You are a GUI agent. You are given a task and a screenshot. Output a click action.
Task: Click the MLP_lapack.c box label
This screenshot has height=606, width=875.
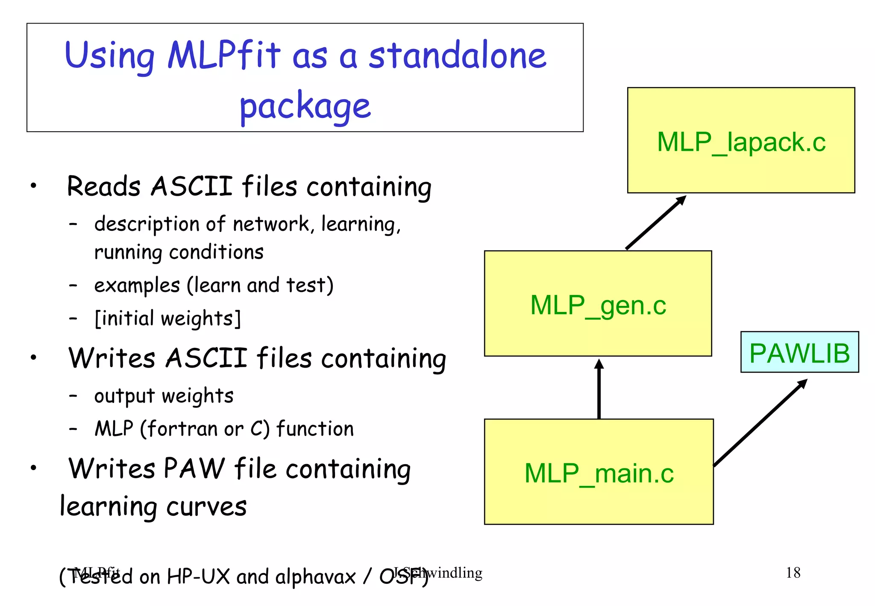pyautogui.click(x=741, y=142)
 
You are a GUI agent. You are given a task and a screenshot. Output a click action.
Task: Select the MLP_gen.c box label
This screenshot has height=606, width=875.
pyautogui.click(x=598, y=305)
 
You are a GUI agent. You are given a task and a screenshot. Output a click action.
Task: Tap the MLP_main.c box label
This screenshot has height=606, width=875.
pyautogui.click(x=599, y=473)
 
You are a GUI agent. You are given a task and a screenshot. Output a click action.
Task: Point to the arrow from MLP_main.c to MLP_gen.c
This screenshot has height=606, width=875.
pyautogui.click(x=599, y=389)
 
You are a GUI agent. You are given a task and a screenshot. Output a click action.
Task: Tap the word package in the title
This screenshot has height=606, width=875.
pyautogui.click(x=305, y=106)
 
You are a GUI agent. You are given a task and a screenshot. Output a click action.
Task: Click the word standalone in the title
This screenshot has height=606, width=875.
pyautogui.click(x=457, y=56)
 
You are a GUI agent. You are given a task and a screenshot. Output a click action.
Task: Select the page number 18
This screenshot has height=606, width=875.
pyautogui.click(x=793, y=573)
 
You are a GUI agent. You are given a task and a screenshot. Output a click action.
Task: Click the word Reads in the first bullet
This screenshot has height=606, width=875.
pyautogui.click(x=103, y=186)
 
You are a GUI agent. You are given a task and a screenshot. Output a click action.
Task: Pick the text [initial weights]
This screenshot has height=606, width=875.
pyautogui.click(x=167, y=318)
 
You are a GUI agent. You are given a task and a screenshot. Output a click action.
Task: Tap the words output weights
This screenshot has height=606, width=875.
pyautogui.click(x=164, y=396)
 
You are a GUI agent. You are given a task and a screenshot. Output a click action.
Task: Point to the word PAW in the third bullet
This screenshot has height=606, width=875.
pyautogui.click(x=194, y=468)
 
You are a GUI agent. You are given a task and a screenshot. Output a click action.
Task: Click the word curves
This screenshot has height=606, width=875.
pyautogui.click(x=206, y=507)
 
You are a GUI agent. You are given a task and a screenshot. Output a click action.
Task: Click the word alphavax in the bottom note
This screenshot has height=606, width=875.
pyautogui.click(x=315, y=577)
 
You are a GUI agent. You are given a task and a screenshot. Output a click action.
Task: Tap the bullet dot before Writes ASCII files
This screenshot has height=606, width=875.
pyautogui.click(x=34, y=357)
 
